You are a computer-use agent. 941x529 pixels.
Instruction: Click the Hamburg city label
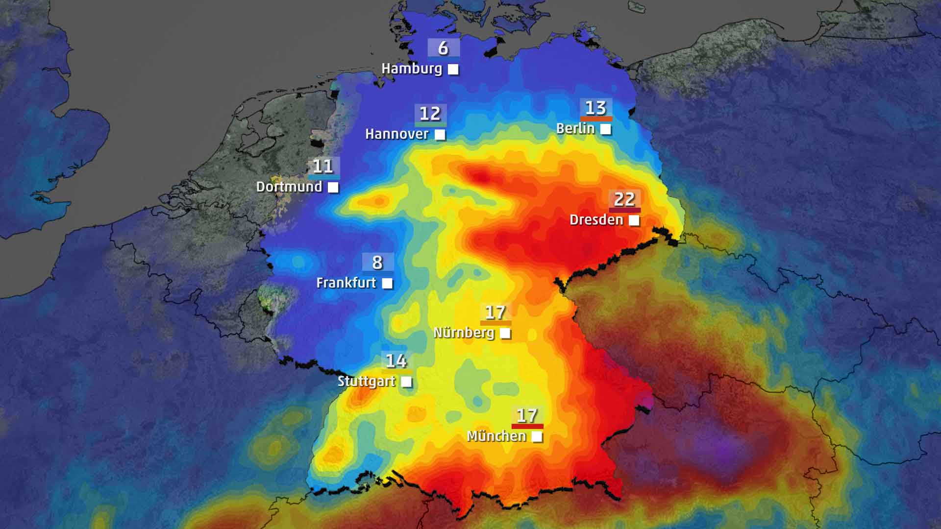[x=412, y=69]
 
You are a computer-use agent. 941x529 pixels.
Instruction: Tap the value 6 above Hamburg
[x=443, y=48]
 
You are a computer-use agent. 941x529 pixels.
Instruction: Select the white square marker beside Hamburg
[x=453, y=70]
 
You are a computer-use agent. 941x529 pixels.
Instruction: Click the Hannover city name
[x=396, y=134]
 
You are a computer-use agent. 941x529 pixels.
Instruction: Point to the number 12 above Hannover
[x=430, y=114]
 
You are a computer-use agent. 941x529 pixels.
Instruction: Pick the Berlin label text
[x=575, y=128]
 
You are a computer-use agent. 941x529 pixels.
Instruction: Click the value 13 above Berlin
[x=595, y=108]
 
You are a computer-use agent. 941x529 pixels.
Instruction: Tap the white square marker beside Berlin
[x=606, y=129]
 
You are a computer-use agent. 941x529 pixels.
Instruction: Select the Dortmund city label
[x=289, y=187]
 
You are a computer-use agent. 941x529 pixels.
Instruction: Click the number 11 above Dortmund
[x=323, y=167]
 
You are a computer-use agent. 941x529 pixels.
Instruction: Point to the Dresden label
[x=596, y=219]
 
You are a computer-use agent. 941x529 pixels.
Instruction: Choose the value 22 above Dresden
[x=624, y=199]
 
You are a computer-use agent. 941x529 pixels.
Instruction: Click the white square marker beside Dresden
[x=634, y=220]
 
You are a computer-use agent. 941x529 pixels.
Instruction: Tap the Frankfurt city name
[x=346, y=283]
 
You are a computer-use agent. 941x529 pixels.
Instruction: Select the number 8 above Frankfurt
[x=377, y=263]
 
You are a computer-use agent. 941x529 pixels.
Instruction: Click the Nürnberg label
[x=464, y=333]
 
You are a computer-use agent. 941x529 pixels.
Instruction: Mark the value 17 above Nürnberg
[x=495, y=312]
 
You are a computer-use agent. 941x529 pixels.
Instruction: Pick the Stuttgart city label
[x=366, y=381]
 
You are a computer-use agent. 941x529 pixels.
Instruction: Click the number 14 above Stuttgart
[x=396, y=361]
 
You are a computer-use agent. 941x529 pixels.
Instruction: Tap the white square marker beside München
[x=537, y=437]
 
